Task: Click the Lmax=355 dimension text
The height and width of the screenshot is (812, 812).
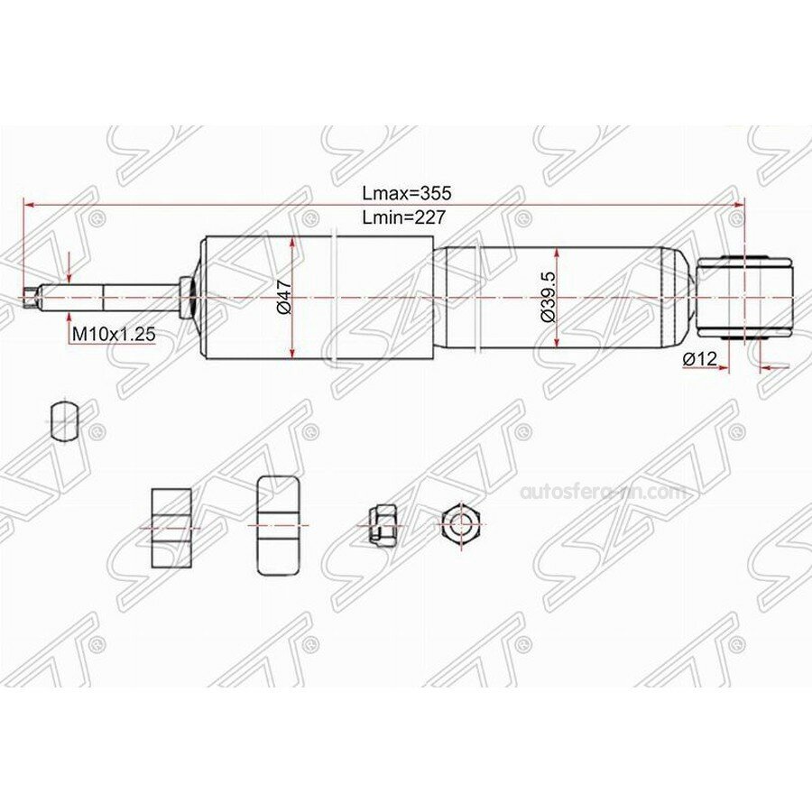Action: (x=406, y=193)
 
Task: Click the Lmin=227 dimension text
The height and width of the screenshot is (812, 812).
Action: (x=405, y=217)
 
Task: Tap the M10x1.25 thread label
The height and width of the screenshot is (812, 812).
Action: (x=114, y=335)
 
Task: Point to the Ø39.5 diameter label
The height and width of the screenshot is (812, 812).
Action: (x=547, y=298)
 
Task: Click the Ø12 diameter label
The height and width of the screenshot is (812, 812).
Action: (x=700, y=359)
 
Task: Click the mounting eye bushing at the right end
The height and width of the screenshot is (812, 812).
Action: (x=744, y=297)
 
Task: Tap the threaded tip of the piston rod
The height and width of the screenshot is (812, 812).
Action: (x=33, y=296)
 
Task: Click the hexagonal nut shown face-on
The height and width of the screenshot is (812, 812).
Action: (x=459, y=523)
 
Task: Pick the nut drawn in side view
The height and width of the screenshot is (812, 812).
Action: (x=380, y=523)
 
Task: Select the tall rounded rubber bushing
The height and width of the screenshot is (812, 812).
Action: (x=278, y=525)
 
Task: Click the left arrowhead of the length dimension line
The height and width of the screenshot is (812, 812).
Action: (x=28, y=205)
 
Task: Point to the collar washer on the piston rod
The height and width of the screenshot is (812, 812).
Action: (x=186, y=297)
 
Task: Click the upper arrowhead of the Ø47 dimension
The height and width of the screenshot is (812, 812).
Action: (x=292, y=242)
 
